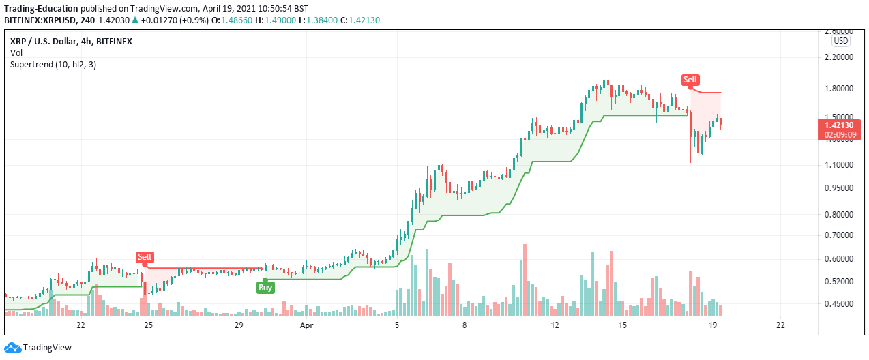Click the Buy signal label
(x=265, y=287)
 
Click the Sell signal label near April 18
(x=690, y=80)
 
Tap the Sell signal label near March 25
(x=144, y=257)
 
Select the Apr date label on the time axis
(x=306, y=325)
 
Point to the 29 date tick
(x=238, y=325)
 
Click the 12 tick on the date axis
(x=555, y=325)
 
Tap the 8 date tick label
(x=464, y=325)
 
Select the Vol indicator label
(x=16, y=52)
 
